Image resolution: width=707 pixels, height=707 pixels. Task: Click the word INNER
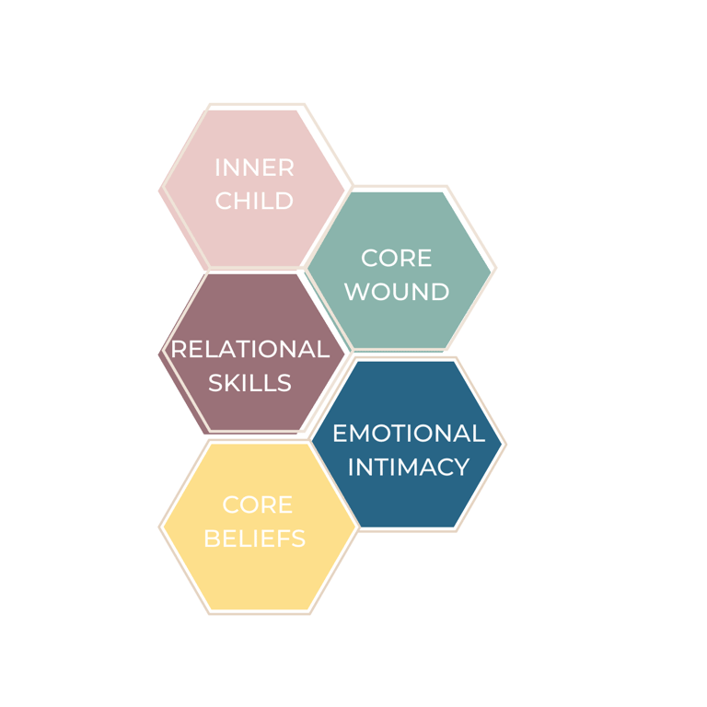[x=254, y=168]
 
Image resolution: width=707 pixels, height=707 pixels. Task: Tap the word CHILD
[x=254, y=201]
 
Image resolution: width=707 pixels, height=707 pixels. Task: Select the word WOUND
[x=397, y=292]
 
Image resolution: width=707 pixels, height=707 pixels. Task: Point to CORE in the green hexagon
[x=397, y=258]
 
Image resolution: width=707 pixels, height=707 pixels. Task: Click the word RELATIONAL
[x=250, y=350]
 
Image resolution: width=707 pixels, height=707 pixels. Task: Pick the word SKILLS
[x=249, y=383]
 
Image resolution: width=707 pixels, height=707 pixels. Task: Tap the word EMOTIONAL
[x=409, y=434]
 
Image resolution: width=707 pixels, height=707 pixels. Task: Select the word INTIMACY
[x=409, y=467]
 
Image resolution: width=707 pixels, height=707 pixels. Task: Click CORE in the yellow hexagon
[x=258, y=505]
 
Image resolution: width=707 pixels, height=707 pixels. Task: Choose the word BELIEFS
[x=255, y=539]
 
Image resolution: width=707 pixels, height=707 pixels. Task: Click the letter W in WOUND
[x=355, y=292]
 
